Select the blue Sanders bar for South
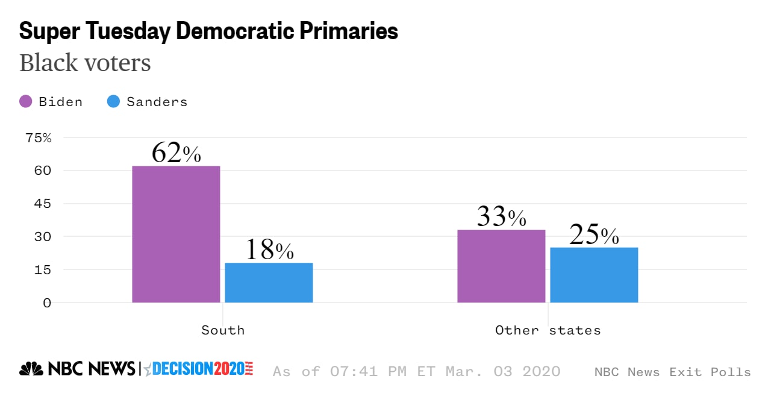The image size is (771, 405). click(x=269, y=283)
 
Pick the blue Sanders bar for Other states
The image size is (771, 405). click(x=594, y=275)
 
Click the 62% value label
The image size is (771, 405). click(x=176, y=153)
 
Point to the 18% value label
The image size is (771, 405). click(x=269, y=250)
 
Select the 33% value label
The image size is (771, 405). click(x=501, y=217)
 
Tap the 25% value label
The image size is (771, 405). click(x=594, y=235)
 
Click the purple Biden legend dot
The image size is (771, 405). click(x=26, y=102)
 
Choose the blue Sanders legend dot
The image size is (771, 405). click(x=113, y=102)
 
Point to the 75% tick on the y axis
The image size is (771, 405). click(x=39, y=138)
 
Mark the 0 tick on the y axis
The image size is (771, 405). click(x=46, y=303)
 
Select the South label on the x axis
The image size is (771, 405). click(x=223, y=330)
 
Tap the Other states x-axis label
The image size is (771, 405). click(x=548, y=330)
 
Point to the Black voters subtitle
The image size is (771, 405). click(x=85, y=63)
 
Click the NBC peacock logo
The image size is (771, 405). click(x=31, y=369)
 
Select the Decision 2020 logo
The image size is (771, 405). click(x=199, y=369)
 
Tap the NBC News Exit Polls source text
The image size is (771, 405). click(x=672, y=372)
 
